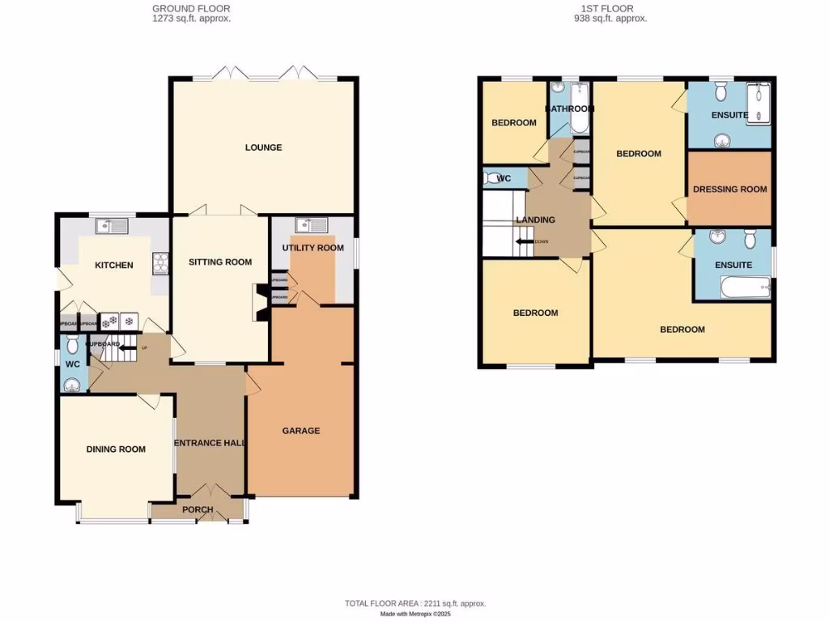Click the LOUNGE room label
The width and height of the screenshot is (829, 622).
click(264, 147)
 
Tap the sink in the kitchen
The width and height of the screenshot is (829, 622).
click(111, 226)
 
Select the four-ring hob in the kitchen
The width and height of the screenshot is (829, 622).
click(159, 263)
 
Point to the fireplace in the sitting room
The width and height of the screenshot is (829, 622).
click(261, 302)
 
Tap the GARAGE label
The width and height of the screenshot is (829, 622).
click(300, 431)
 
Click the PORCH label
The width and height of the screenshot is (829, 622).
click(198, 509)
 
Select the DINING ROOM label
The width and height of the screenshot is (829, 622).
click(116, 449)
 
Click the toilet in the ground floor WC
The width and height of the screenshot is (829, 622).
click(72, 346)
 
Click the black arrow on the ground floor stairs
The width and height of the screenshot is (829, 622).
click(126, 347)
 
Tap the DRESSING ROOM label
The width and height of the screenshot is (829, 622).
click(729, 190)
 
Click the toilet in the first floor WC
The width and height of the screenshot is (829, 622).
click(491, 177)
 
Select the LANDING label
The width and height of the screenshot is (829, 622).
click(536, 219)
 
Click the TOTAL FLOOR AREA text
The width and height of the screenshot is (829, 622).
click(414, 603)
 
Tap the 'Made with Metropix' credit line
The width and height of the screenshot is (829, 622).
click(414, 614)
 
